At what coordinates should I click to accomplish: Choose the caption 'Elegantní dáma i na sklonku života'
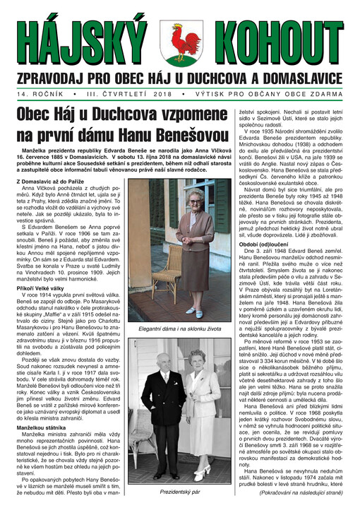click(x=180, y=328)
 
